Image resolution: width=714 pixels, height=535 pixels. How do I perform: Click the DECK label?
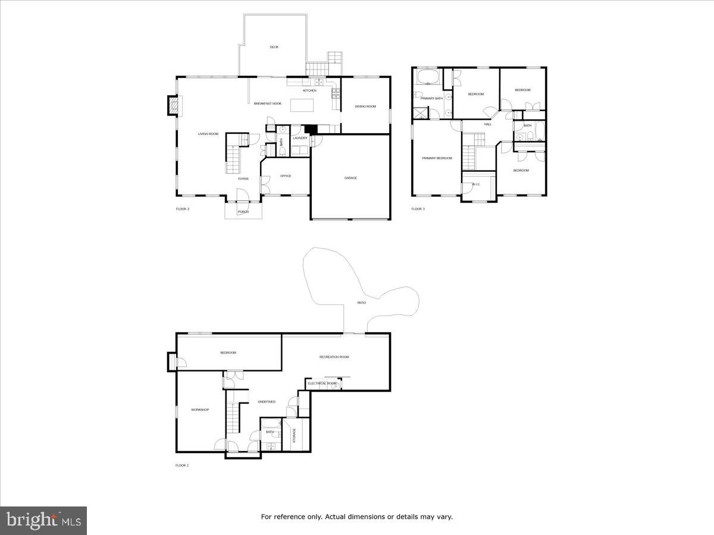[274, 47]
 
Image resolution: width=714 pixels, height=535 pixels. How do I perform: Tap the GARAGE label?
[350, 178]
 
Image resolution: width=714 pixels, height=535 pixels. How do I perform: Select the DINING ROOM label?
[365, 106]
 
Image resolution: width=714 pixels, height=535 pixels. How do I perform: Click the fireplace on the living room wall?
[171, 106]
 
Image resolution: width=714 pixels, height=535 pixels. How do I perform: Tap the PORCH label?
[243, 212]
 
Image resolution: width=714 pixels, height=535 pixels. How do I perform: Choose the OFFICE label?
[286, 176]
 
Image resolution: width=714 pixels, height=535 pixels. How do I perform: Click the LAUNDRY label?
[300, 138]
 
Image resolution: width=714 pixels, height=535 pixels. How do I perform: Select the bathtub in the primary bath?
[427, 78]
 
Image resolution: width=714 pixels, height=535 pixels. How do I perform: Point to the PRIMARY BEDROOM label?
[437, 158]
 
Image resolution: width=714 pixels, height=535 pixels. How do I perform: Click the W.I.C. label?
[476, 184]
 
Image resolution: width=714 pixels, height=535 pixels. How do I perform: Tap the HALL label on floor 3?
[487, 124]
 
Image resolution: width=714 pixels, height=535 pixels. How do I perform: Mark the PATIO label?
[361, 303]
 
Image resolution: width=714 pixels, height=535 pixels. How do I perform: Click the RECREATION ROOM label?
[334, 357]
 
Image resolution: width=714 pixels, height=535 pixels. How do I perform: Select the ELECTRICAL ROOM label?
[322, 383]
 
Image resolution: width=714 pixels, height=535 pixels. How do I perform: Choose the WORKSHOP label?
[200, 410]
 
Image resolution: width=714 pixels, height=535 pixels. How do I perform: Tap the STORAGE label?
[293, 435]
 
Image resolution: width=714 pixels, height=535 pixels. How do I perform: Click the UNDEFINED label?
[267, 402]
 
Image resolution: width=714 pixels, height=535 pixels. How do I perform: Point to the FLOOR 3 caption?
[418, 209]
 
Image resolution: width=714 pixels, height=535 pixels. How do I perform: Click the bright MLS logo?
[43, 521]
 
